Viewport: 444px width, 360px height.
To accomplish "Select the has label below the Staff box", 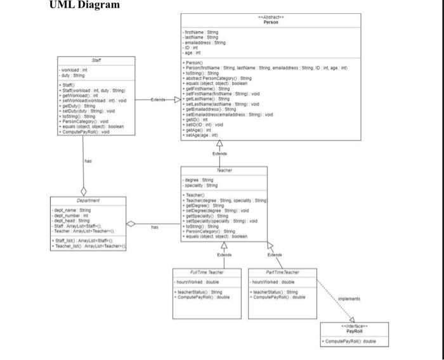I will point(88,161).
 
